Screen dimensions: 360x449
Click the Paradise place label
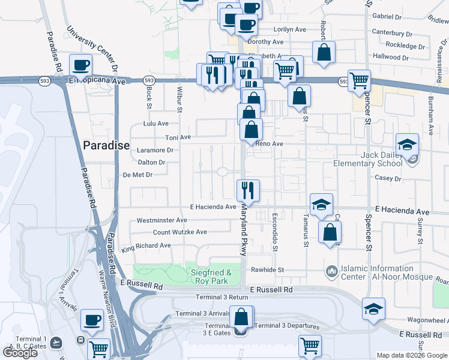[x=106, y=145]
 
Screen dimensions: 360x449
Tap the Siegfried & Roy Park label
[x=211, y=277]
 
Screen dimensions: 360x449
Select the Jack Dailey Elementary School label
[x=373, y=159]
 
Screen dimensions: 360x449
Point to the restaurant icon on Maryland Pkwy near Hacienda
[x=248, y=190]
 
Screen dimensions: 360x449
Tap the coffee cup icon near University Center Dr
[x=80, y=64]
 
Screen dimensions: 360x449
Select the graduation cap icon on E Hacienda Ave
[x=321, y=204]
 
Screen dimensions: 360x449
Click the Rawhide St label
[x=267, y=270]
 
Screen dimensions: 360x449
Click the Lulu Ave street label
[x=155, y=124]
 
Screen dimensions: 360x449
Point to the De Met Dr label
[x=137, y=175]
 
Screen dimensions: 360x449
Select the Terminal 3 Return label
[x=221, y=298]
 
